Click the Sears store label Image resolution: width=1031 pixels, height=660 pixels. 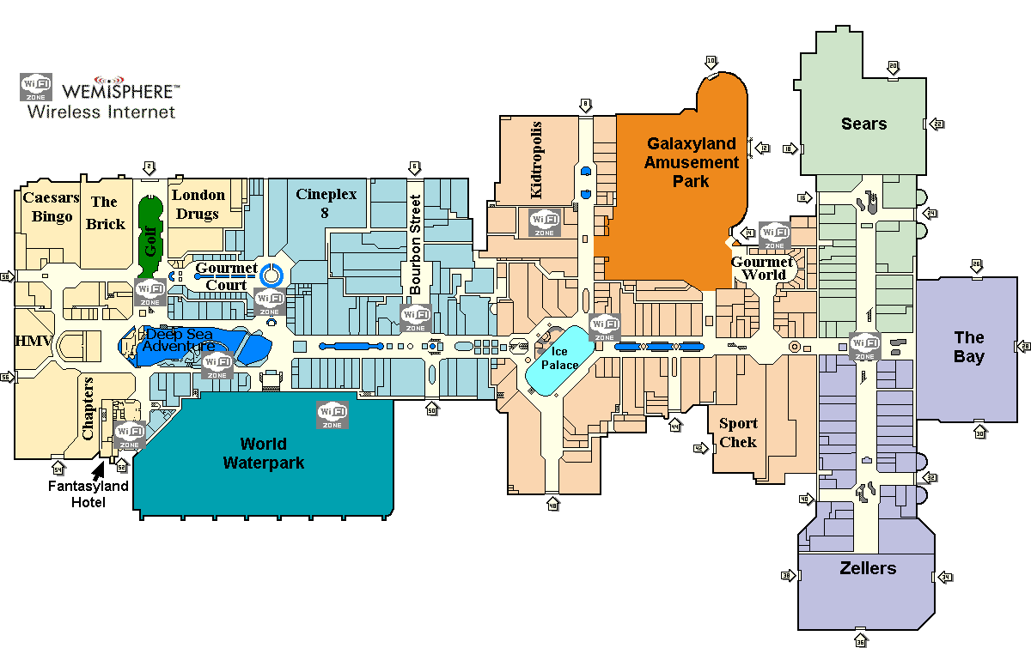click(863, 124)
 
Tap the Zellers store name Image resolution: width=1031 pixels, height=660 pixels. click(868, 568)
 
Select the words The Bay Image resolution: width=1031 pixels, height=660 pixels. click(968, 347)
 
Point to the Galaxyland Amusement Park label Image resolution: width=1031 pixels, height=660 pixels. click(692, 162)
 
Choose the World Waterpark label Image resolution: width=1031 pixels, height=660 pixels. click(264, 453)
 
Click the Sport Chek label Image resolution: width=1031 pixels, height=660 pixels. click(738, 432)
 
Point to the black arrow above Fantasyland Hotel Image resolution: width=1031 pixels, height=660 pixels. click(100, 469)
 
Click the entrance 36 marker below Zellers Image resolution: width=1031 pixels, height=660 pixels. click(861, 641)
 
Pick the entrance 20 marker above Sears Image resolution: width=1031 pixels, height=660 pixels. click(893, 66)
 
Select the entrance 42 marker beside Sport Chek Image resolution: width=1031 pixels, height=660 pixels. click(699, 448)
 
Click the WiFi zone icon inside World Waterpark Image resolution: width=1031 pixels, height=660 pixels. click(332, 415)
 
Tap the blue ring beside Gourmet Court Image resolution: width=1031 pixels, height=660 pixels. click(271, 275)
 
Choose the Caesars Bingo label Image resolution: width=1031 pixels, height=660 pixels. click(52, 207)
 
